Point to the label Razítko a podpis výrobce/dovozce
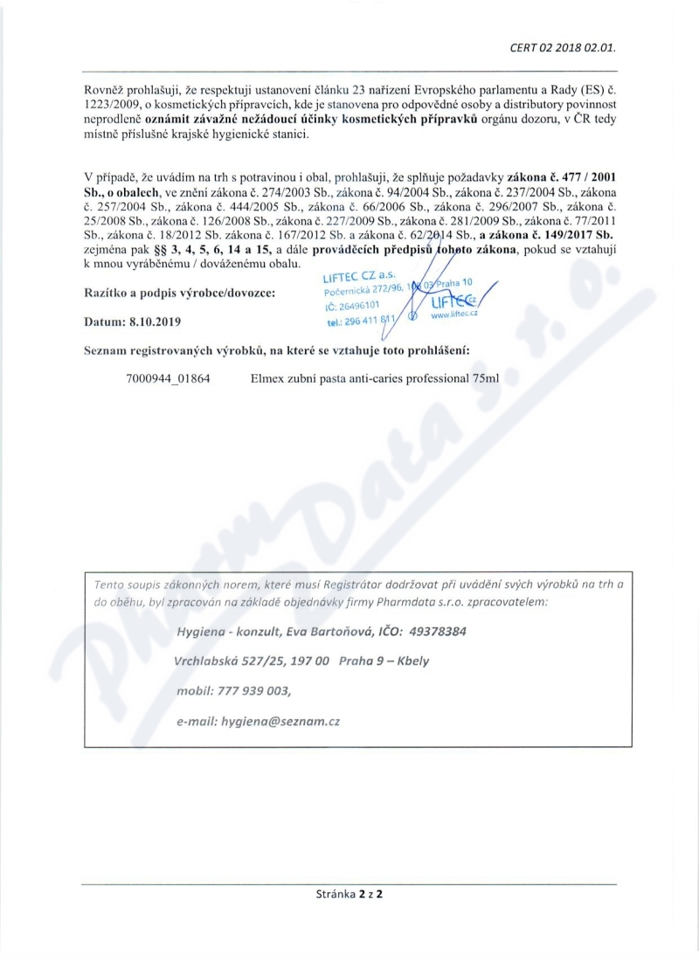point(180,293)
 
